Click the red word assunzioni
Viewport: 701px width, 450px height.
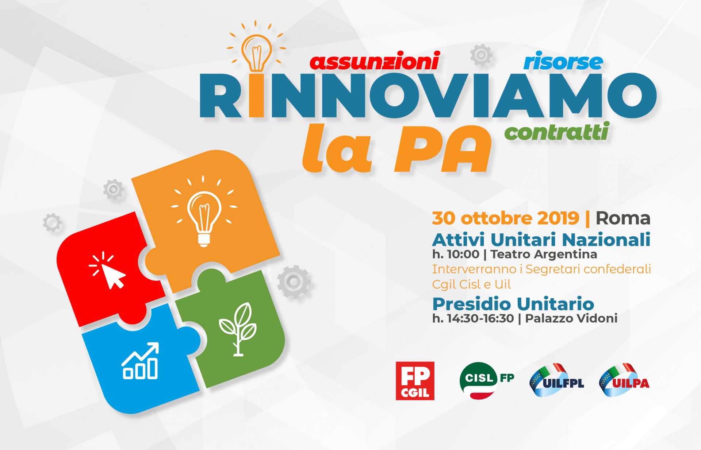click(x=374, y=61)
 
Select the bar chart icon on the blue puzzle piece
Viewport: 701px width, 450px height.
click(x=140, y=361)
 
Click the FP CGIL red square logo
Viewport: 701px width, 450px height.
click(x=415, y=381)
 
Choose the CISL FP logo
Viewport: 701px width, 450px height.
click(x=487, y=380)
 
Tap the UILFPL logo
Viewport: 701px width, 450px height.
click(x=556, y=380)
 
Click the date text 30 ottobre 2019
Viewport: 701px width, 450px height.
click(x=506, y=218)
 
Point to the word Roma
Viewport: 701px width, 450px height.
click(x=623, y=218)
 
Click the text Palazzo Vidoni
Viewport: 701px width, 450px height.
click(x=571, y=318)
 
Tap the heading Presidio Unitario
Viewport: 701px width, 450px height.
click(x=513, y=304)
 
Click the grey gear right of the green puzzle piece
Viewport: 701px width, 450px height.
click(x=294, y=282)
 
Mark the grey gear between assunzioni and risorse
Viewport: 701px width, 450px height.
click(x=481, y=55)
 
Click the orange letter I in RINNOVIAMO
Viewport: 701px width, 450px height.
click(x=257, y=96)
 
